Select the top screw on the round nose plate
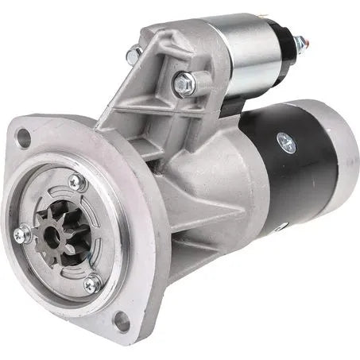(75, 182)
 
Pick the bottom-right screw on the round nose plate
(91, 282)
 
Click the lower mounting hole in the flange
(121, 321)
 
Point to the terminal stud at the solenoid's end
(300, 44)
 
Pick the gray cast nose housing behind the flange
(199, 199)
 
